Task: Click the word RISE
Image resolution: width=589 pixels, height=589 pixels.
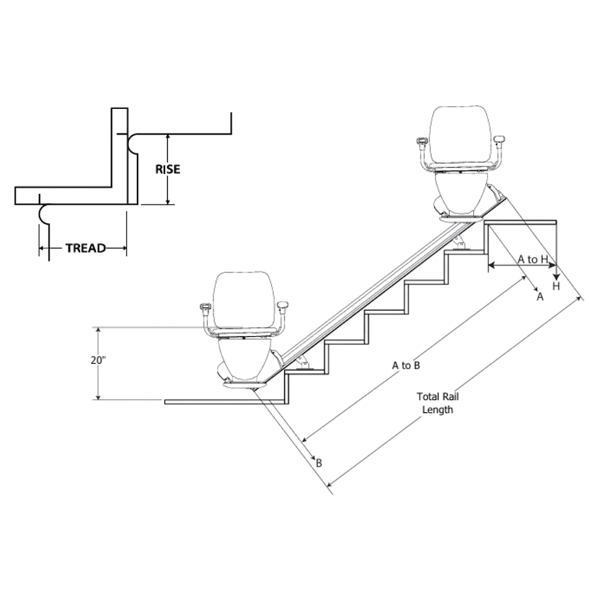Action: coord(167,168)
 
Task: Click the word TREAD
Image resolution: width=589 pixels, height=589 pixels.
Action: coord(85,248)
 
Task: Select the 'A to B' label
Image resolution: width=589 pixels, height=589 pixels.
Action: coord(405,365)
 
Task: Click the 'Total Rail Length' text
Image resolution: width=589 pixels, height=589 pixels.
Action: coord(437,403)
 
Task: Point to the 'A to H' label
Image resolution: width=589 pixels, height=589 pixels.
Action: coord(532,259)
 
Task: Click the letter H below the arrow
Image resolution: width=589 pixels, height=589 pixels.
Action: coord(556,286)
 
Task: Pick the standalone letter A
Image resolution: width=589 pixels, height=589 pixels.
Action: coord(539,297)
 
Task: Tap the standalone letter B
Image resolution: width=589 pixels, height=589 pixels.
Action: coord(318,463)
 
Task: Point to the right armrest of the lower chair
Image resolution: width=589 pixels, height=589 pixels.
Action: coord(284,307)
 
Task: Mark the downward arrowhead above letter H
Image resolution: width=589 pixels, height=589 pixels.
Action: coord(556,273)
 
